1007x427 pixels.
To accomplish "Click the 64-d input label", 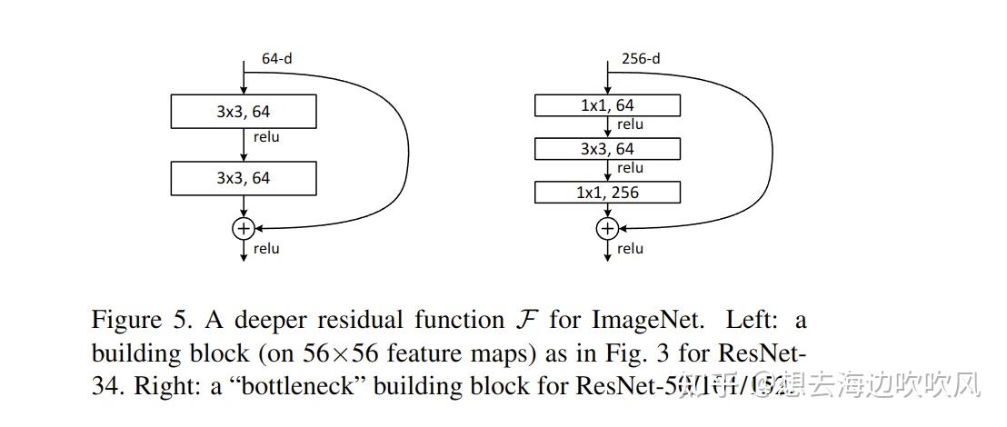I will (x=276, y=58).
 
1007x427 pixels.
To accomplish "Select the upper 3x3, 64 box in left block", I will (x=243, y=112).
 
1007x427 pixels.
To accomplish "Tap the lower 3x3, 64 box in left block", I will (x=243, y=178).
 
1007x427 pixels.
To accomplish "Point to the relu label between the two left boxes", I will (x=266, y=137).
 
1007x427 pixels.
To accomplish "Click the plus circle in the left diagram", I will (x=243, y=228).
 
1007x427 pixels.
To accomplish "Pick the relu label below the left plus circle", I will (x=266, y=248).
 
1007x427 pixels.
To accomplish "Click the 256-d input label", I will (x=641, y=58).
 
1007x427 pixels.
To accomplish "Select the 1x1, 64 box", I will (x=607, y=106).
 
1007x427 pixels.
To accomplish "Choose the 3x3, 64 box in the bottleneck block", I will (x=607, y=149).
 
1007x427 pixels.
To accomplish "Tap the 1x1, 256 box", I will (x=607, y=193).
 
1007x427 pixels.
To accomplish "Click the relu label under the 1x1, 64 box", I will (x=630, y=124).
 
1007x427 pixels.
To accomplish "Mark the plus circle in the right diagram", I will (x=607, y=228).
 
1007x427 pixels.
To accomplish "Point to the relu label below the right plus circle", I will (x=630, y=248).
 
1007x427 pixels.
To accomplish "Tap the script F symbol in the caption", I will (x=521, y=321).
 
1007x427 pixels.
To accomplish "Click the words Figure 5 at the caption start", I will (x=137, y=321).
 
